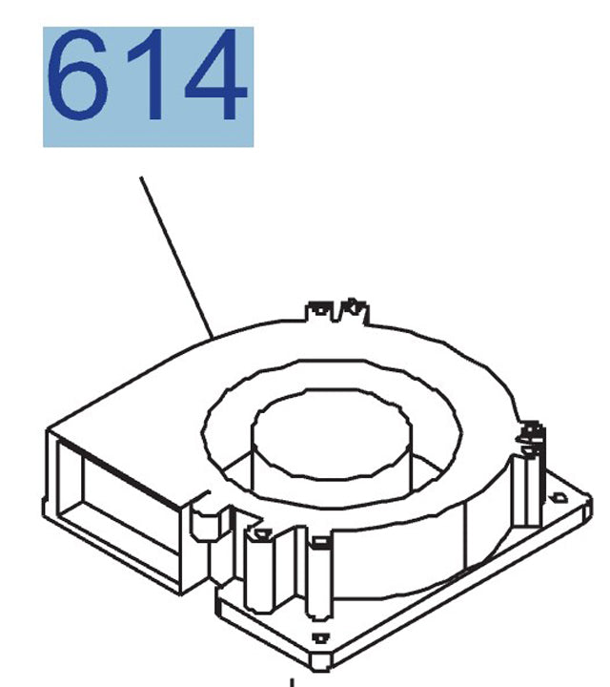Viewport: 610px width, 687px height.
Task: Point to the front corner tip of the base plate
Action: click(x=329, y=663)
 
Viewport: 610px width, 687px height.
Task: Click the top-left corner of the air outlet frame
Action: click(x=48, y=431)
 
